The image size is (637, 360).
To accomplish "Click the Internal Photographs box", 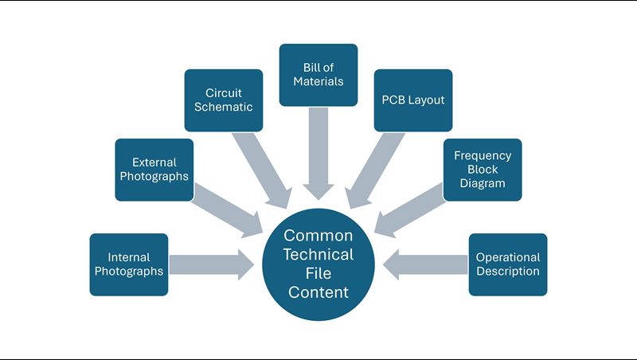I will click(129, 264).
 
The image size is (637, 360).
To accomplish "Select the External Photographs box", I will click(154, 169).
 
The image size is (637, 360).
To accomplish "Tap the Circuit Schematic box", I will click(224, 100).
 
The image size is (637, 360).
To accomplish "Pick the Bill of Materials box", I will click(318, 75).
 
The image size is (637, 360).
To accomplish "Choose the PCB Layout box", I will click(413, 100).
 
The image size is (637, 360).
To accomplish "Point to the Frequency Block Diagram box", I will click(483, 169).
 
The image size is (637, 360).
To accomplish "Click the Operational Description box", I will click(508, 264).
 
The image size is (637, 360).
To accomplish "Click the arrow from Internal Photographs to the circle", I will click(209, 264).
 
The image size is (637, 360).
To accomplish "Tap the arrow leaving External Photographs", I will click(226, 209).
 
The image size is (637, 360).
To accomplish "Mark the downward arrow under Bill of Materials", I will click(318, 151).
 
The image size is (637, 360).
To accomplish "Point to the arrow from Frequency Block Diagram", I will click(411, 209).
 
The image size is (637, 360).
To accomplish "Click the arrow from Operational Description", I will click(427, 264).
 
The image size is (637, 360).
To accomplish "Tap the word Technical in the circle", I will click(318, 255).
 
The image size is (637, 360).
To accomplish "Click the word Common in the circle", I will click(318, 236).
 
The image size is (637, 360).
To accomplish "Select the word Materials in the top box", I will click(318, 81).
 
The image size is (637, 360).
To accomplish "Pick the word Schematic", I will click(224, 107).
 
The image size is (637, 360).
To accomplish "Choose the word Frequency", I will click(483, 156).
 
